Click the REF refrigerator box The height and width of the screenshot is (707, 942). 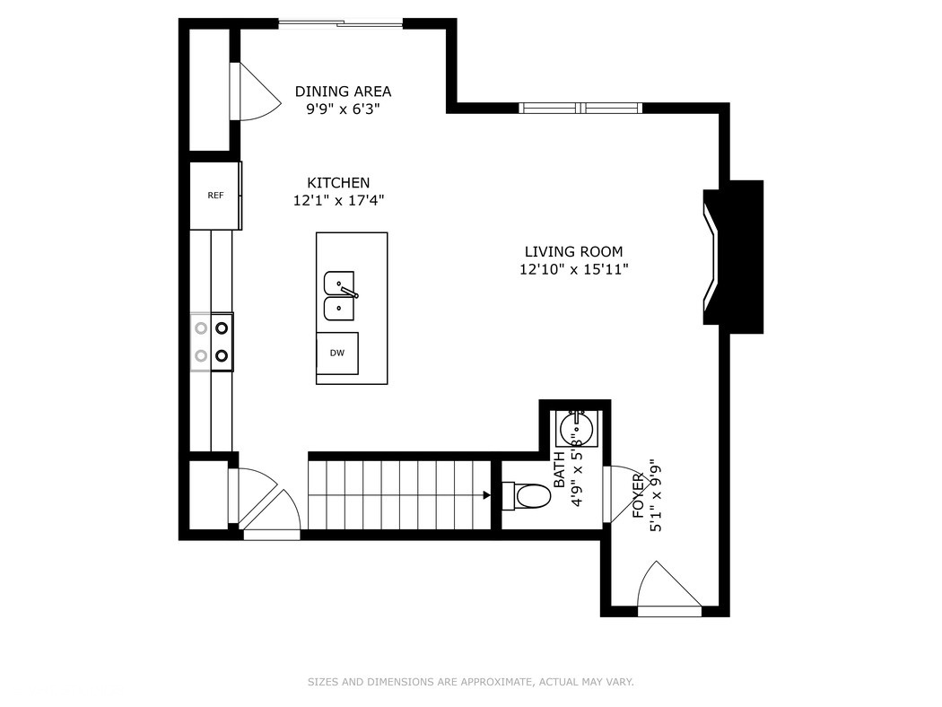[214, 196]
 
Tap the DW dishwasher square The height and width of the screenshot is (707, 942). [337, 353]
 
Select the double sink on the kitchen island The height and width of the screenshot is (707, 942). [339, 296]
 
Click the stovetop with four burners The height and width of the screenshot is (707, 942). [213, 342]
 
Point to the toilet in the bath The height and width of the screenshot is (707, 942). [529, 496]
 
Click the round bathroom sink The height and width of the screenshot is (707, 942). [574, 428]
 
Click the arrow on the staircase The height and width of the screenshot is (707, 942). [485, 494]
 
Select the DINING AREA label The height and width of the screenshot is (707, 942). [343, 92]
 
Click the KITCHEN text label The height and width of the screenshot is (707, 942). [338, 183]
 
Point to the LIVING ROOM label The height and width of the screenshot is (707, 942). [573, 252]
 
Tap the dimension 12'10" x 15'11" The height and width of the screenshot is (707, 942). [573, 269]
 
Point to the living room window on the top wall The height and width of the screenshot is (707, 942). [581, 108]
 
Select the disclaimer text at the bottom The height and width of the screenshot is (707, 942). [470, 682]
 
